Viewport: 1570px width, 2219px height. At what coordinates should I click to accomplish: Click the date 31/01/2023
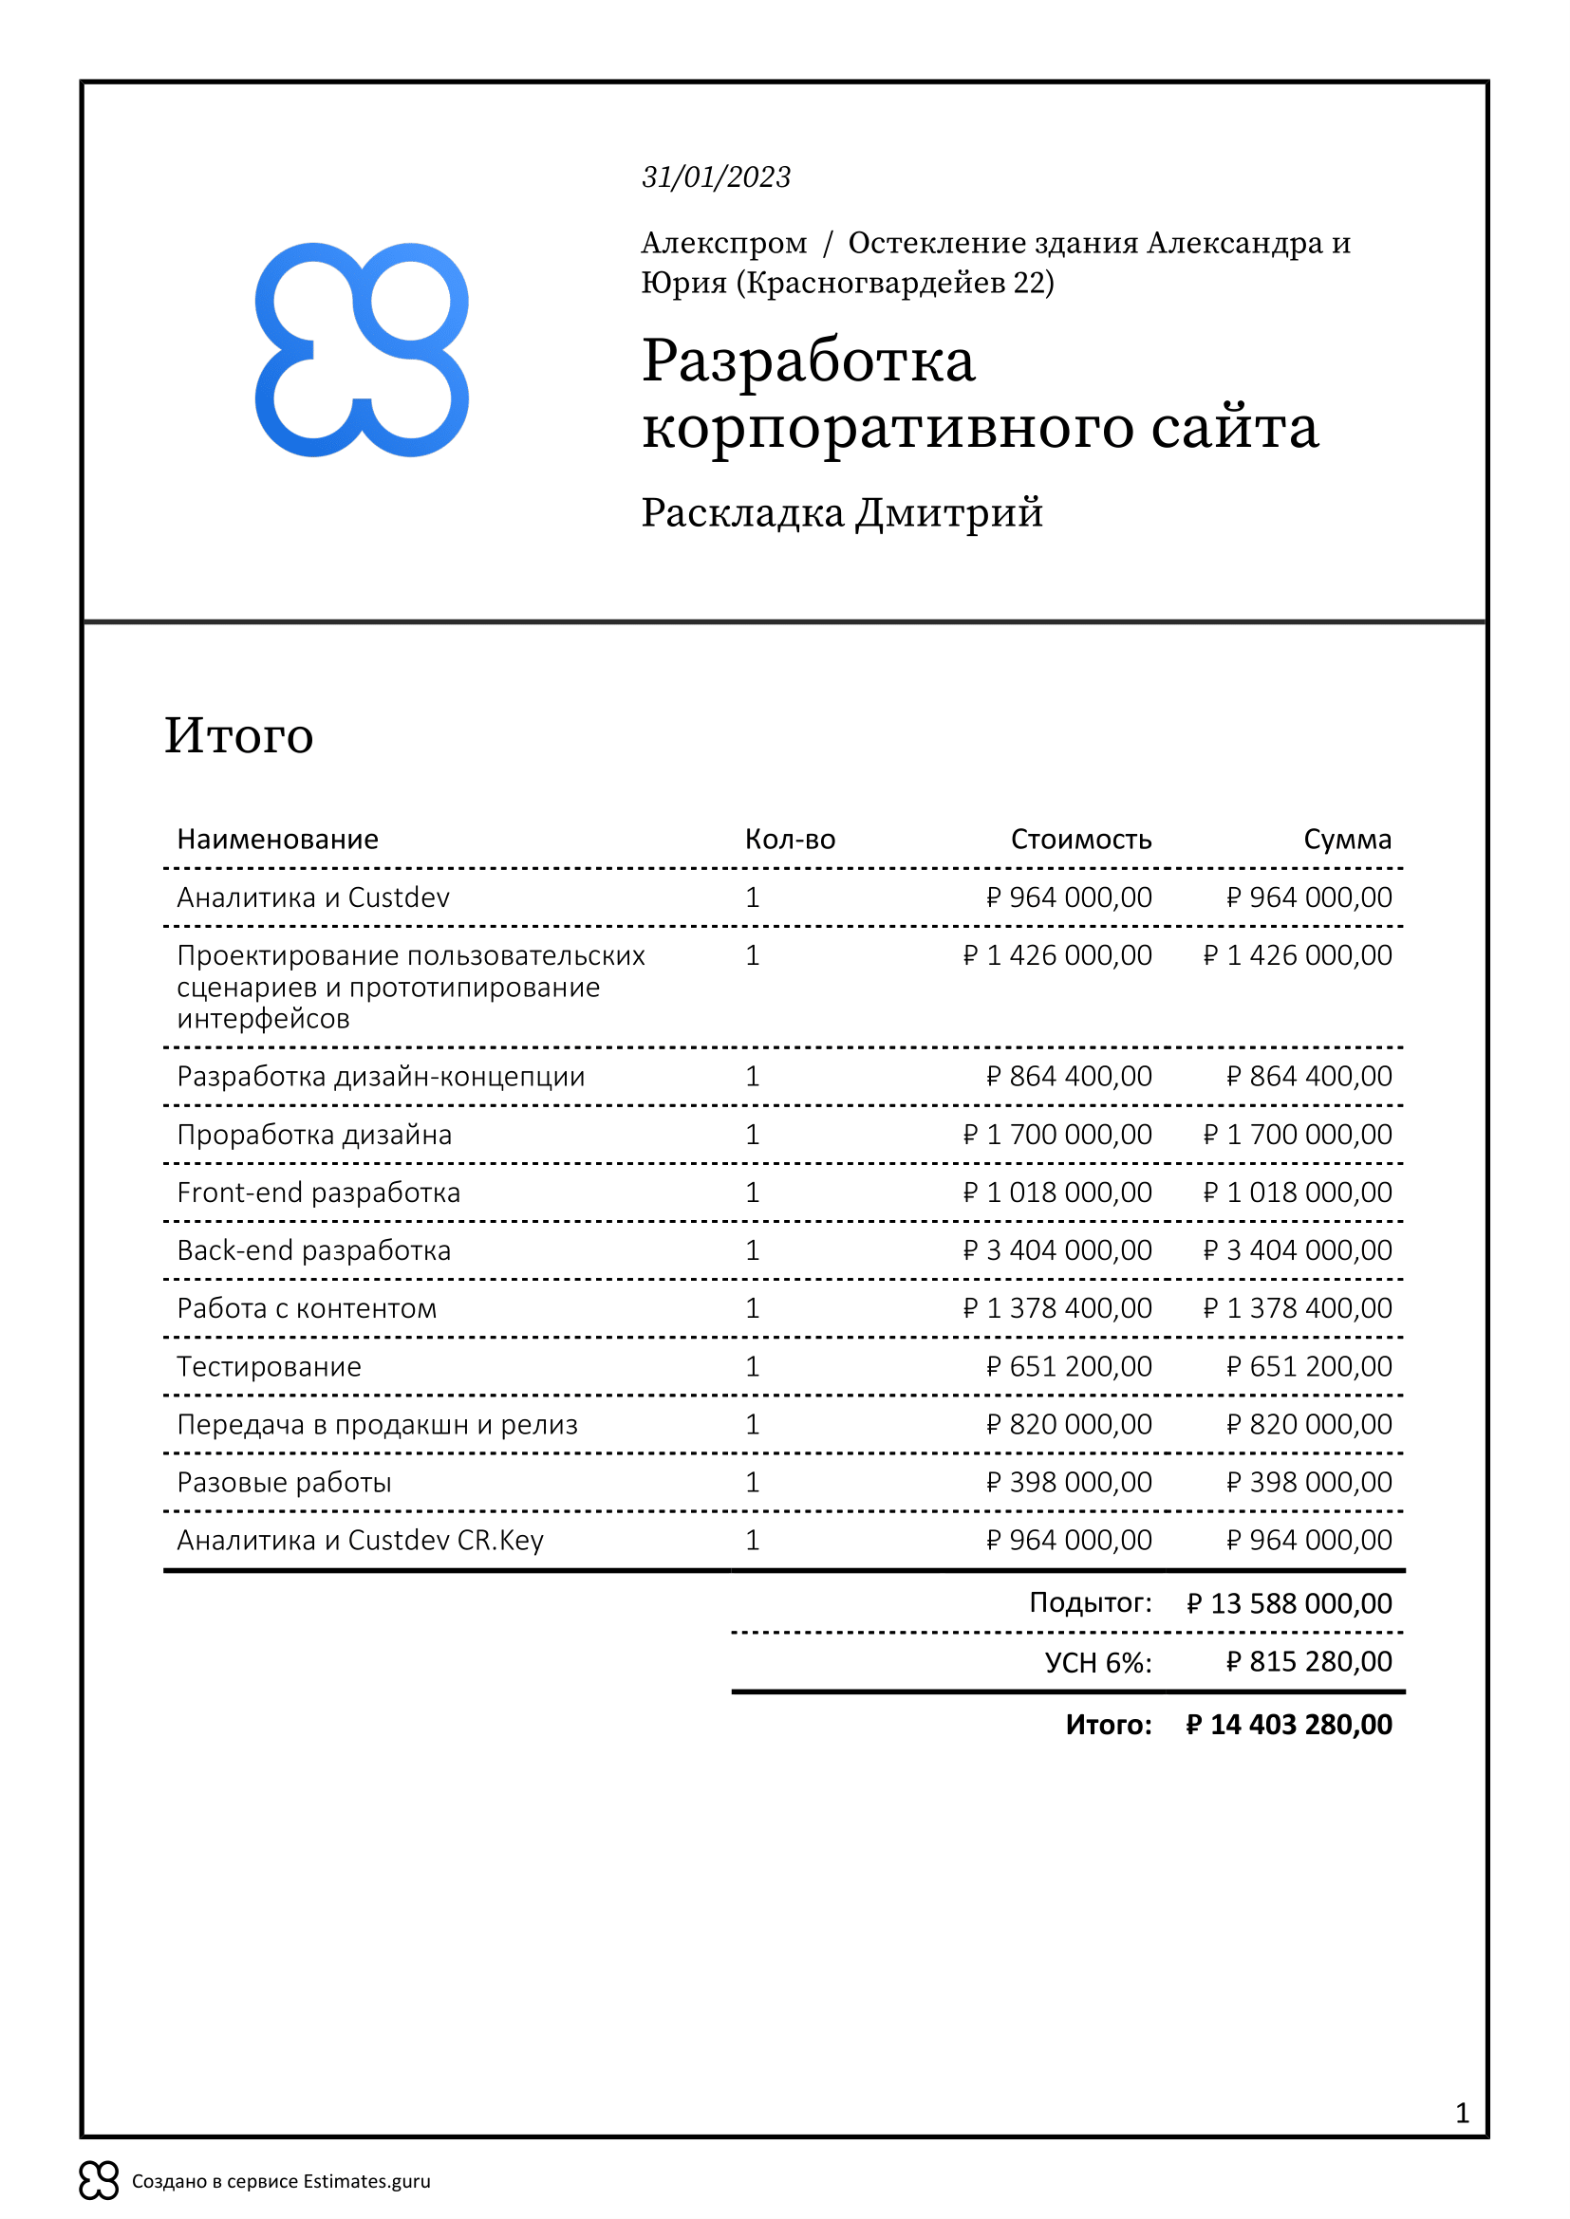(717, 176)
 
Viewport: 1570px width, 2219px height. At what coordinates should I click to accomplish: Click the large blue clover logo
(362, 350)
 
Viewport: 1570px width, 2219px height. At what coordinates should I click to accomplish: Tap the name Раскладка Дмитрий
(842, 512)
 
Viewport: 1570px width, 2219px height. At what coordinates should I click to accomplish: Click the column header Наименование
(277, 839)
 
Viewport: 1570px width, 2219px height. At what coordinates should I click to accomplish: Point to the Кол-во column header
(790, 839)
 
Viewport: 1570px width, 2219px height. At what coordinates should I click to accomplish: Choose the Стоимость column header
(1081, 839)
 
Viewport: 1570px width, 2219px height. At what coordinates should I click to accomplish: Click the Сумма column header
(1347, 839)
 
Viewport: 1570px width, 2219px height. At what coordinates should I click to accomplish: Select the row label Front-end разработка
(318, 1193)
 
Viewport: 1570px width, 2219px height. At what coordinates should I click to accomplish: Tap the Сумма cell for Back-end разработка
(1297, 1250)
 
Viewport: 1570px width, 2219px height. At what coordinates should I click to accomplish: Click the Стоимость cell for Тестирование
(1068, 1366)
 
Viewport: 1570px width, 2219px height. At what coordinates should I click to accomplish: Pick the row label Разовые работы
(284, 1483)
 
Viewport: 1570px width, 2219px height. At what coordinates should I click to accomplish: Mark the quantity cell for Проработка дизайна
(752, 1135)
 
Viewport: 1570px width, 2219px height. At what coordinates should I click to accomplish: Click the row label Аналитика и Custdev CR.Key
(360, 1541)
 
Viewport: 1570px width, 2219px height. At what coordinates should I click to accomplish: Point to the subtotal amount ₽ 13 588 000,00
(1289, 1604)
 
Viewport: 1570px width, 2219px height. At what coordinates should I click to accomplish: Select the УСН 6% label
(1098, 1663)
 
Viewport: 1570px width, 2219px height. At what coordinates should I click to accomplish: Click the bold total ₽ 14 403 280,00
(1289, 1725)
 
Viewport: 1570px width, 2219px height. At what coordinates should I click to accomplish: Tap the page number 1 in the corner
(1462, 2114)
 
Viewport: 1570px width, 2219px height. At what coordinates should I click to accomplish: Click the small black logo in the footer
(99, 2181)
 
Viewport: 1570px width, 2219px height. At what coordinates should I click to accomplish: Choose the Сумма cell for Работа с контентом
(1297, 1308)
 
